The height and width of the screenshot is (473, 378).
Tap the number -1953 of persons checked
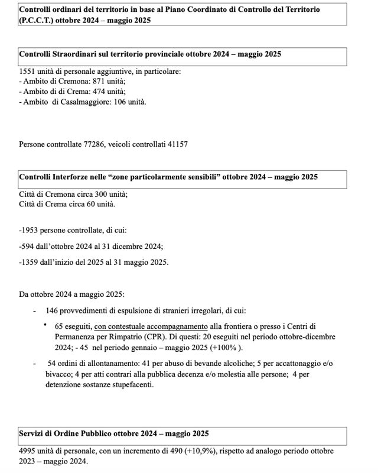pos(29,231)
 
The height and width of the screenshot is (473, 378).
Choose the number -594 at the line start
pos(27,247)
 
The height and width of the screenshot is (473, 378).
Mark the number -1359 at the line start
pos(29,262)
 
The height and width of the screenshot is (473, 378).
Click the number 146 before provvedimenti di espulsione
pos(53,310)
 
